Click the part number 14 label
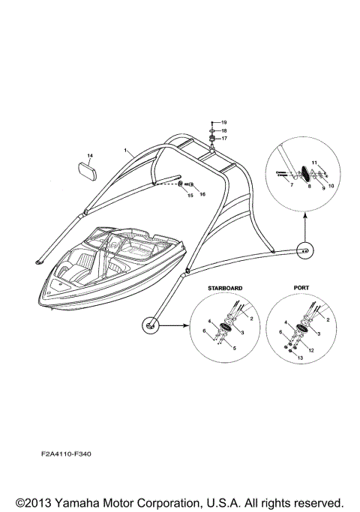click(89, 155)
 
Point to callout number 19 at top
click(223, 121)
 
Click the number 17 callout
click(223, 138)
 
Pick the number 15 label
click(190, 195)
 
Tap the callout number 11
click(315, 162)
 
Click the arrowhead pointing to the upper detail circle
click(306, 216)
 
